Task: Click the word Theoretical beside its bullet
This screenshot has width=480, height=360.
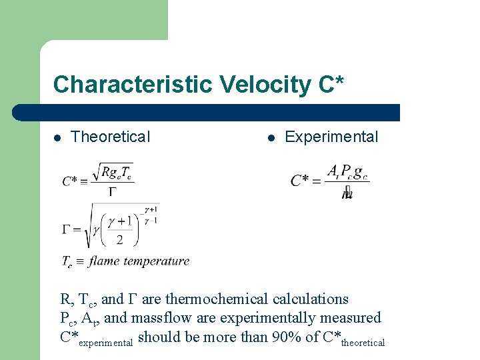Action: (x=111, y=137)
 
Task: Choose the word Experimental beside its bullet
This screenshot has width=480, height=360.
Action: (x=331, y=137)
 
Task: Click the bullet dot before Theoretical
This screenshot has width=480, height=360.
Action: (x=58, y=138)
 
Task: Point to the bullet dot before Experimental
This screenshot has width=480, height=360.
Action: (x=271, y=138)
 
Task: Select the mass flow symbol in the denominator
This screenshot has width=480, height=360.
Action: (x=347, y=194)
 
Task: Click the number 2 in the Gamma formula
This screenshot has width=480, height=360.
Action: (x=119, y=239)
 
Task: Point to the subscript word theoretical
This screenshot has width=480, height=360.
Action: (x=363, y=343)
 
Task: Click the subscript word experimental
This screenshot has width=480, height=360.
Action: (x=106, y=343)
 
